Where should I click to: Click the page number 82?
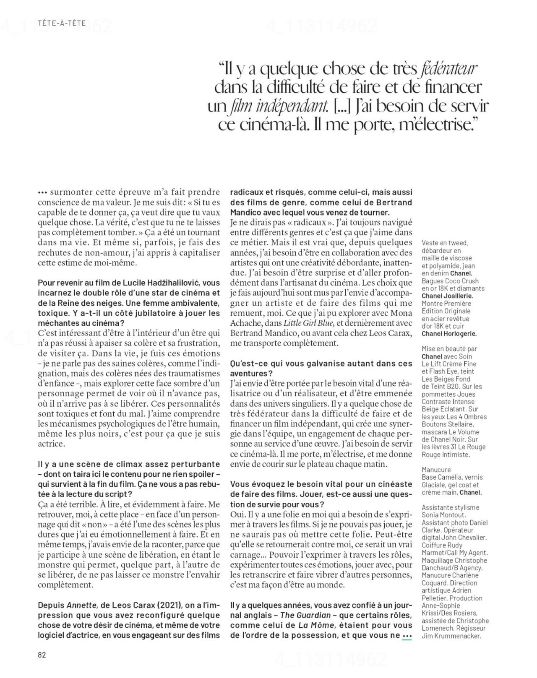pos(42,655)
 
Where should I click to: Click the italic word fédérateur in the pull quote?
pos(448,68)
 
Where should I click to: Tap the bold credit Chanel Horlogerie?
pos(448,334)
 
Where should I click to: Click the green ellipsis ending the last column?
pos(407,636)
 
